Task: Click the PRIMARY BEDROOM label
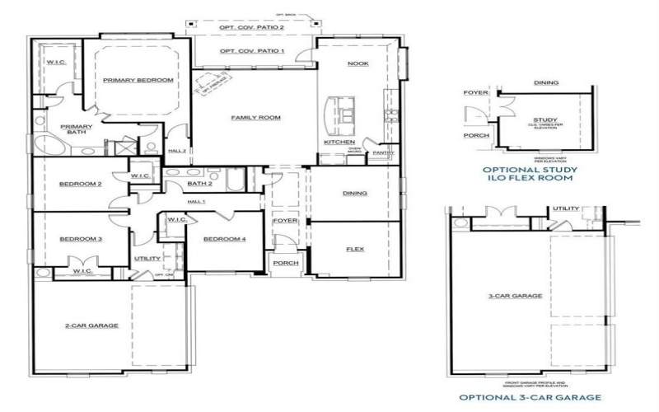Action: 138,80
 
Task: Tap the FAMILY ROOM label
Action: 255,118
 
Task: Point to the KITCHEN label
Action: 339,143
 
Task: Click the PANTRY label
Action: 383,152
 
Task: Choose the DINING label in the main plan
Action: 354,194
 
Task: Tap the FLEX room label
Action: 354,249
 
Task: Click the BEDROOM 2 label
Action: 80,184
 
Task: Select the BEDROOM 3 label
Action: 80,239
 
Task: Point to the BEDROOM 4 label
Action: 224,239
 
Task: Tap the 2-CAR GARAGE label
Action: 91,325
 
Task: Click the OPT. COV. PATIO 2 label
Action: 251,28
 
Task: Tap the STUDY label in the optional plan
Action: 545,120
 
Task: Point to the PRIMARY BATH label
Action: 76,130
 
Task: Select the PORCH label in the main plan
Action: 285,263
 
